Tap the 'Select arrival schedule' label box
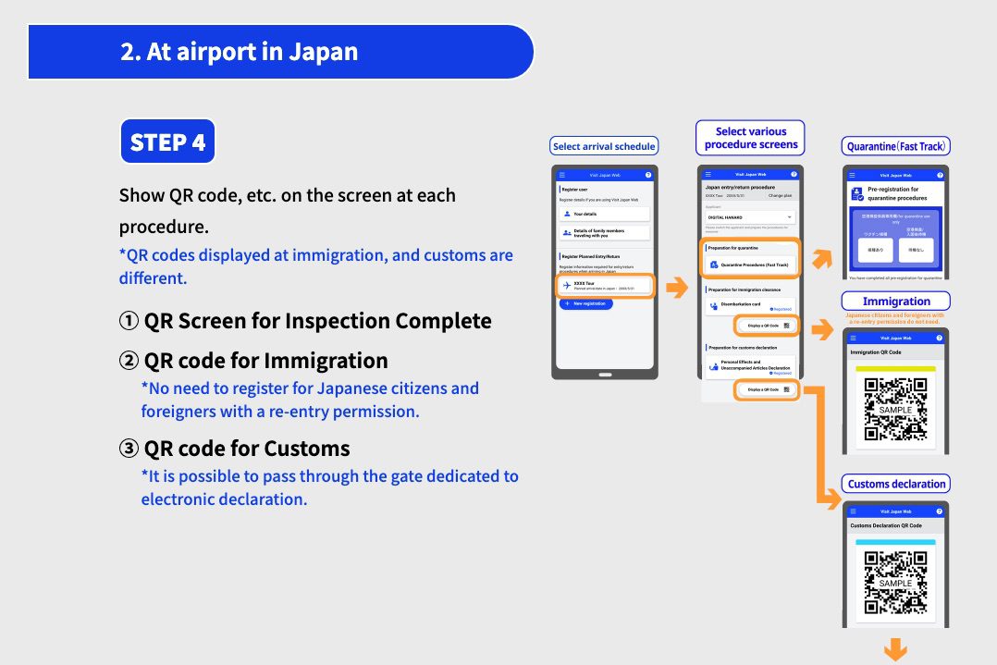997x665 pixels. pyautogui.click(x=604, y=146)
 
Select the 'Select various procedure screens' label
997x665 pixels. pyautogui.click(x=750, y=138)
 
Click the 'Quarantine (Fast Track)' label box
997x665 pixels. pyautogui.click(x=897, y=146)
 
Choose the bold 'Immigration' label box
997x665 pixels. pyautogui.click(x=896, y=301)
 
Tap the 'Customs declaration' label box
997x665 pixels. pyautogui.click(x=896, y=484)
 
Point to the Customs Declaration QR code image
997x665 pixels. pyautogui.click(x=895, y=584)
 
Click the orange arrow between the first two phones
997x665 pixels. pyautogui.click(x=677, y=289)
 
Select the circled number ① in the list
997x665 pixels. pyautogui.click(x=129, y=321)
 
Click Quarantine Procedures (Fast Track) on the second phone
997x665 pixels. pyautogui.click(x=750, y=265)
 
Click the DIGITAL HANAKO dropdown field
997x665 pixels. pyautogui.click(x=750, y=217)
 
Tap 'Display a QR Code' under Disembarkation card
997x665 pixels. pyautogui.click(x=767, y=326)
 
